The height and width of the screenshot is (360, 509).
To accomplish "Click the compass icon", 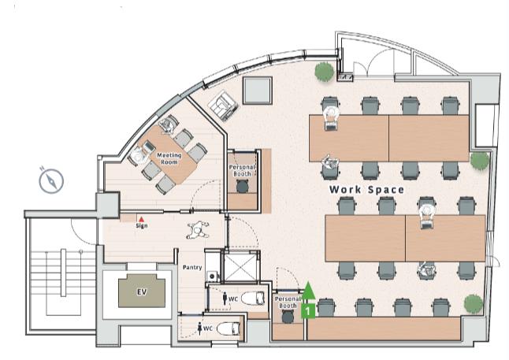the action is (51, 180).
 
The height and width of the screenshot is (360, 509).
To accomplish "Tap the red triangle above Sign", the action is (141, 220).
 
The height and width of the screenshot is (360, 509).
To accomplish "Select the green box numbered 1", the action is (308, 311).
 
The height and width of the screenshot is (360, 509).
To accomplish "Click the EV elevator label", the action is (142, 291).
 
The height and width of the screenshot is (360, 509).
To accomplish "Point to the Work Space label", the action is (366, 190).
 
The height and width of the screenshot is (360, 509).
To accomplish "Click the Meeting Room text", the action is (169, 158).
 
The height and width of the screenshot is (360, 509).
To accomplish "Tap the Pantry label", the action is (192, 268).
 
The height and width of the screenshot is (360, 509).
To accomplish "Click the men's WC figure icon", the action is (225, 299).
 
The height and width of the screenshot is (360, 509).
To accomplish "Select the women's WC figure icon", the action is (199, 328).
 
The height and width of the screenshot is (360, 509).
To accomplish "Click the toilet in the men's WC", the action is (253, 299).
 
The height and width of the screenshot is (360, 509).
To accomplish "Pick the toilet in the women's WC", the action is (228, 328).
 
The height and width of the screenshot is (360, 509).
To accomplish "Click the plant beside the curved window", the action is (324, 71).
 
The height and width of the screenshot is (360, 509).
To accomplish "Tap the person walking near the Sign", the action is (198, 230).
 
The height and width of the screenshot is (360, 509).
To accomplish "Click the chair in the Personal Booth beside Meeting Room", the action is (242, 187).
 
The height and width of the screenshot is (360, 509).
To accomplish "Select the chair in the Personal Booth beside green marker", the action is (288, 317).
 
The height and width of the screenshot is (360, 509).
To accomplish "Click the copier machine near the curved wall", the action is (223, 105).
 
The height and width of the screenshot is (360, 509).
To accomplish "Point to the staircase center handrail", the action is (63, 273).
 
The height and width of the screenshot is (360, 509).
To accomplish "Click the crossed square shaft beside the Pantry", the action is (240, 267).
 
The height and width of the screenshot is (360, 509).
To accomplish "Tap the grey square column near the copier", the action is (257, 91).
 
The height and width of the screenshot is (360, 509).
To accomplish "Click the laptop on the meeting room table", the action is (149, 147).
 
